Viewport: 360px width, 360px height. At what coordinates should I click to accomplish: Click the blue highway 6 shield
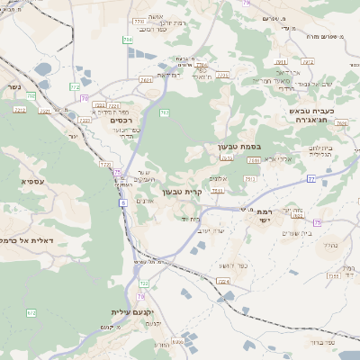[122, 203]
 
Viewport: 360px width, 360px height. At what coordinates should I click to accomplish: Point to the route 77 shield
[310, 180]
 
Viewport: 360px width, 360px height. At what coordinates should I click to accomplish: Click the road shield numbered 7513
[216, 190]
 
